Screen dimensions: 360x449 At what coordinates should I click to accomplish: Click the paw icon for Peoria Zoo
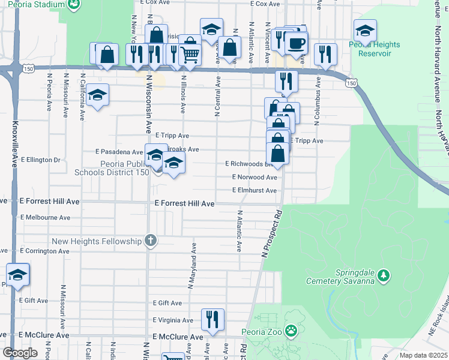[x=291, y=330]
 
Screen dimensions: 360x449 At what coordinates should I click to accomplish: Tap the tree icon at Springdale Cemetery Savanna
[x=383, y=277]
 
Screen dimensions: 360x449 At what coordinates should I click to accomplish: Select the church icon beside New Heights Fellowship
[x=151, y=241]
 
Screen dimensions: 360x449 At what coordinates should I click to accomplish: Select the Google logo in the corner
[x=20, y=353]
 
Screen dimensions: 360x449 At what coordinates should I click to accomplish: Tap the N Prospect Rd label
[x=270, y=234]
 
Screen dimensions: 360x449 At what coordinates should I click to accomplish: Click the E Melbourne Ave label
[x=45, y=218]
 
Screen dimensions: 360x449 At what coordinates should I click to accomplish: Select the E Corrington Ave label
[x=46, y=250]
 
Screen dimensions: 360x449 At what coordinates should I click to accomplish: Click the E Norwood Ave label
[x=255, y=178]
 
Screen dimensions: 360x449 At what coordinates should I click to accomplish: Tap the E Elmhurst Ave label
[x=255, y=191]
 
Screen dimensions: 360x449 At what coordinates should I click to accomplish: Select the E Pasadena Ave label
[x=118, y=152]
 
